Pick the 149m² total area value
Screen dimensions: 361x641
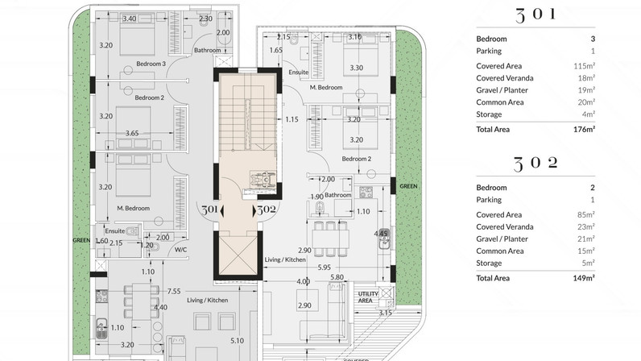click(582, 277)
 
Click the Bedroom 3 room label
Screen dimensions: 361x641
click(151, 64)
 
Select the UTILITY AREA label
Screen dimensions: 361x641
click(369, 297)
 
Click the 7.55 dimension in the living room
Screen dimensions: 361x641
click(172, 290)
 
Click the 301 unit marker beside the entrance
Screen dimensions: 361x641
click(209, 210)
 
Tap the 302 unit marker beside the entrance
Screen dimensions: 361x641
click(267, 210)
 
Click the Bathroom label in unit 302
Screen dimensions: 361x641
click(338, 195)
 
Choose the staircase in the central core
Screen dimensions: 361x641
click(243, 121)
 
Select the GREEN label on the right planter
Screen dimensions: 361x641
click(408, 186)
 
